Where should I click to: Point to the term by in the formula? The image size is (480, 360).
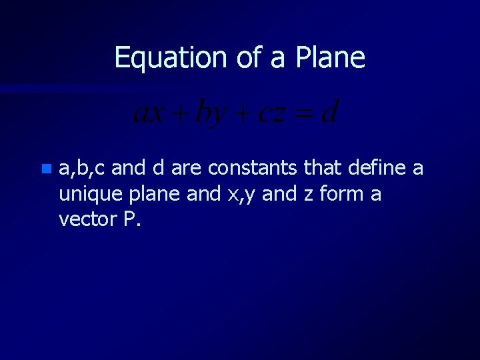(x=210, y=113)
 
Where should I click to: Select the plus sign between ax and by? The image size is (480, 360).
(x=179, y=113)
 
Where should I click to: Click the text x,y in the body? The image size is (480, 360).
(x=241, y=195)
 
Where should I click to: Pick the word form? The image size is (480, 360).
(x=341, y=193)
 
